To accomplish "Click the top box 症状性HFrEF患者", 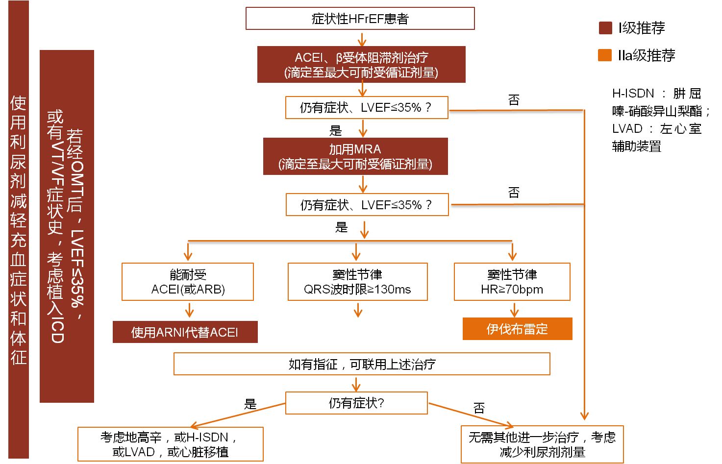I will pyautogui.click(x=360, y=19).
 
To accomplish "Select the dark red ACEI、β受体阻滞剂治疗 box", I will pyautogui.click(x=361, y=65).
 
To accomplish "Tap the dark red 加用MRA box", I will pyautogui.click(x=355, y=156).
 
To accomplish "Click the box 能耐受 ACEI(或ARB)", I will pyautogui.click(x=188, y=282).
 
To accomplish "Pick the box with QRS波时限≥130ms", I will pyautogui.click(x=357, y=282).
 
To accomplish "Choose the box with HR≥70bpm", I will pyautogui.click(x=512, y=282).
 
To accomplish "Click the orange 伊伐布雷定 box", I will pyautogui.click(x=517, y=329).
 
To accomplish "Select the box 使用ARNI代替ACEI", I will pyautogui.click(x=185, y=332).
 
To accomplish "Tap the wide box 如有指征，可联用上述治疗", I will pyautogui.click(x=362, y=364).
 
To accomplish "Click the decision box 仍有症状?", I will pyautogui.click(x=356, y=403).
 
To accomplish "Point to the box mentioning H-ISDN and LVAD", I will pyautogui.click(x=170, y=444).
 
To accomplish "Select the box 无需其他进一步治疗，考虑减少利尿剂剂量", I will pyautogui.click(x=542, y=444).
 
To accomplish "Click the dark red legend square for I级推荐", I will pyautogui.click(x=605, y=28).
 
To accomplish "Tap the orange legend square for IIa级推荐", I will pyautogui.click(x=605, y=55).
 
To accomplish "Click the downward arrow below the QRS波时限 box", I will pyautogui.click(x=358, y=310).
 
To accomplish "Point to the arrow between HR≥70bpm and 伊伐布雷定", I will pyautogui.click(x=514, y=310).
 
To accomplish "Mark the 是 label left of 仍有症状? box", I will pyautogui.click(x=250, y=404).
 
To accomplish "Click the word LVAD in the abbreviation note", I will pyautogui.click(x=627, y=129).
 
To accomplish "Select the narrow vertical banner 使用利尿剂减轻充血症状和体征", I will pyautogui.click(x=19, y=230).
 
